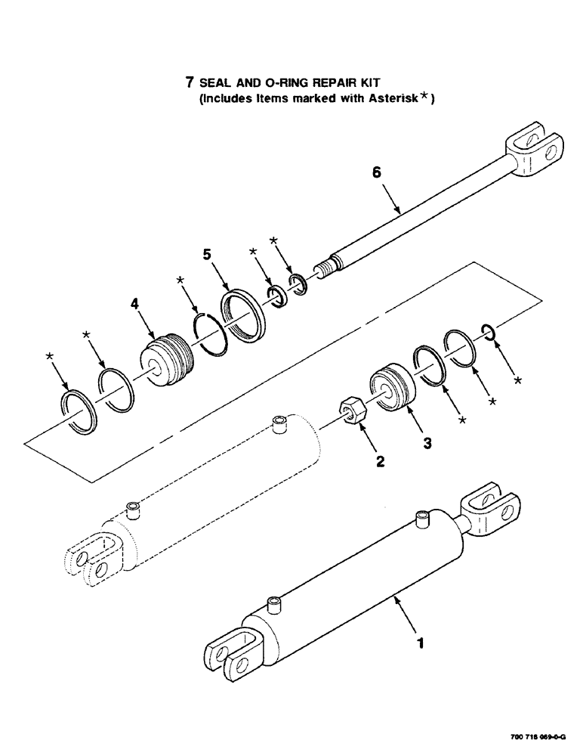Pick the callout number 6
378,173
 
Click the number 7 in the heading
190,80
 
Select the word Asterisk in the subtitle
394,98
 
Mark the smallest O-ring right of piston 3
489,330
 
